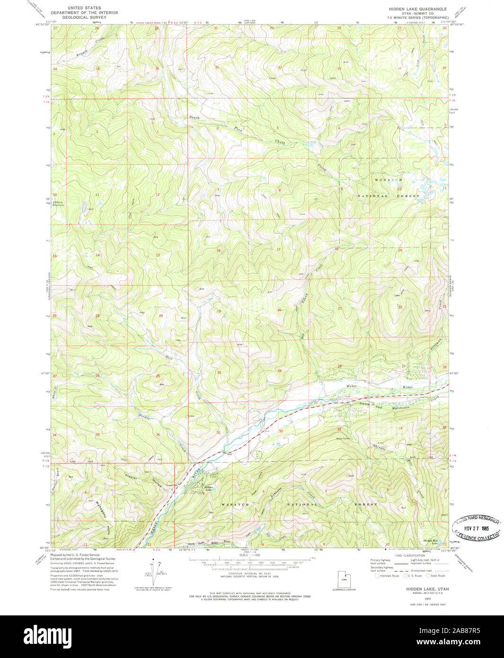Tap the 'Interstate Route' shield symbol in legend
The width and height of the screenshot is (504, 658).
377,576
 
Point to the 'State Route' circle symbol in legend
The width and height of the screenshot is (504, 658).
428,576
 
